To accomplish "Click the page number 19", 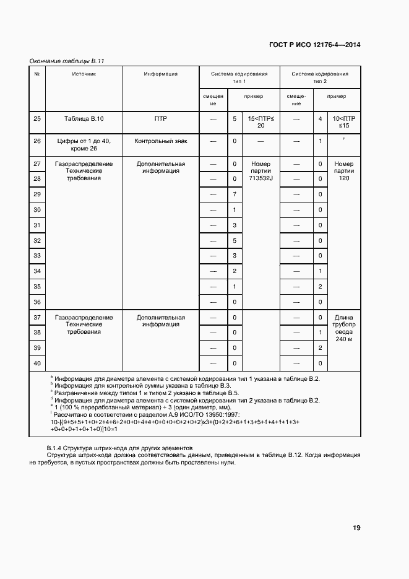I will (356, 528).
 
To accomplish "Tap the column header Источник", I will (84, 74).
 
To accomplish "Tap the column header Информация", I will (161, 74).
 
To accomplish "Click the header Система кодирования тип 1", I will (239, 77).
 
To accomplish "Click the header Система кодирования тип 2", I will (319, 77).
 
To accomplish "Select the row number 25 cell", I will (37, 118).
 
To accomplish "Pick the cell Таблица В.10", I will (84, 118).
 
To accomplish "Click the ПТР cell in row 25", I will (161, 118).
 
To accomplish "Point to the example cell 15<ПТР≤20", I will (260, 121).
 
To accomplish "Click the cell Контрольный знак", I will (161, 141).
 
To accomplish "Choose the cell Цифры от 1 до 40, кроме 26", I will (84, 145).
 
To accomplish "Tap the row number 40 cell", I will (37, 364).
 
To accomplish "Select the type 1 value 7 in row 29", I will (235, 194).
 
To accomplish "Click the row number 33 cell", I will (37, 256).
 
